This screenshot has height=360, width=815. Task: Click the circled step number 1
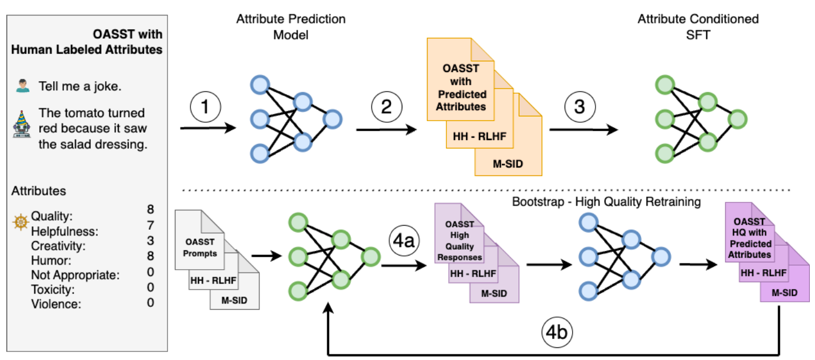coord(205,107)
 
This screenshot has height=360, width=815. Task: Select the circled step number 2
coord(386,107)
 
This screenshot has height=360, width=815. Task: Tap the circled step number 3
coord(580,107)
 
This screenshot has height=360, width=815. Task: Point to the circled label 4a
coord(404,241)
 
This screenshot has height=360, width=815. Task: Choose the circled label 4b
coord(557,332)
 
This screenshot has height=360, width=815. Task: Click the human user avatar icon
coord(22,86)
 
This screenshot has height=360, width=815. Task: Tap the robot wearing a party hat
coord(22,124)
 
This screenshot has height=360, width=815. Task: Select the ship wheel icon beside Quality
coord(21,222)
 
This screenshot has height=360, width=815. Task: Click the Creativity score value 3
coord(150,241)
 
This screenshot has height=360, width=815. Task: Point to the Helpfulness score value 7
coord(150,226)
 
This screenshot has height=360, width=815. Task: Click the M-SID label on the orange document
coord(508,164)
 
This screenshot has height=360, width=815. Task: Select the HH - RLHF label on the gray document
coord(213,281)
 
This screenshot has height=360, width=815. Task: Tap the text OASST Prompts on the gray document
coord(199,247)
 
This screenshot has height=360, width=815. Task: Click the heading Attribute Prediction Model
coord(291,27)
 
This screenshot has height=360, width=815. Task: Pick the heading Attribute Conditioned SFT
coord(698,27)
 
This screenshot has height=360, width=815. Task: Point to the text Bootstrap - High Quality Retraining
coord(606,202)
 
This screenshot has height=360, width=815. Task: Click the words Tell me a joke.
coord(80,86)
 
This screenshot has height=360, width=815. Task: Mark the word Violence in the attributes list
coord(56,304)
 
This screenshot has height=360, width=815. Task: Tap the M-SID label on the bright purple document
coord(785,293)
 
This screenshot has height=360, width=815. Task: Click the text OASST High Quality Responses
coord(460,241)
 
